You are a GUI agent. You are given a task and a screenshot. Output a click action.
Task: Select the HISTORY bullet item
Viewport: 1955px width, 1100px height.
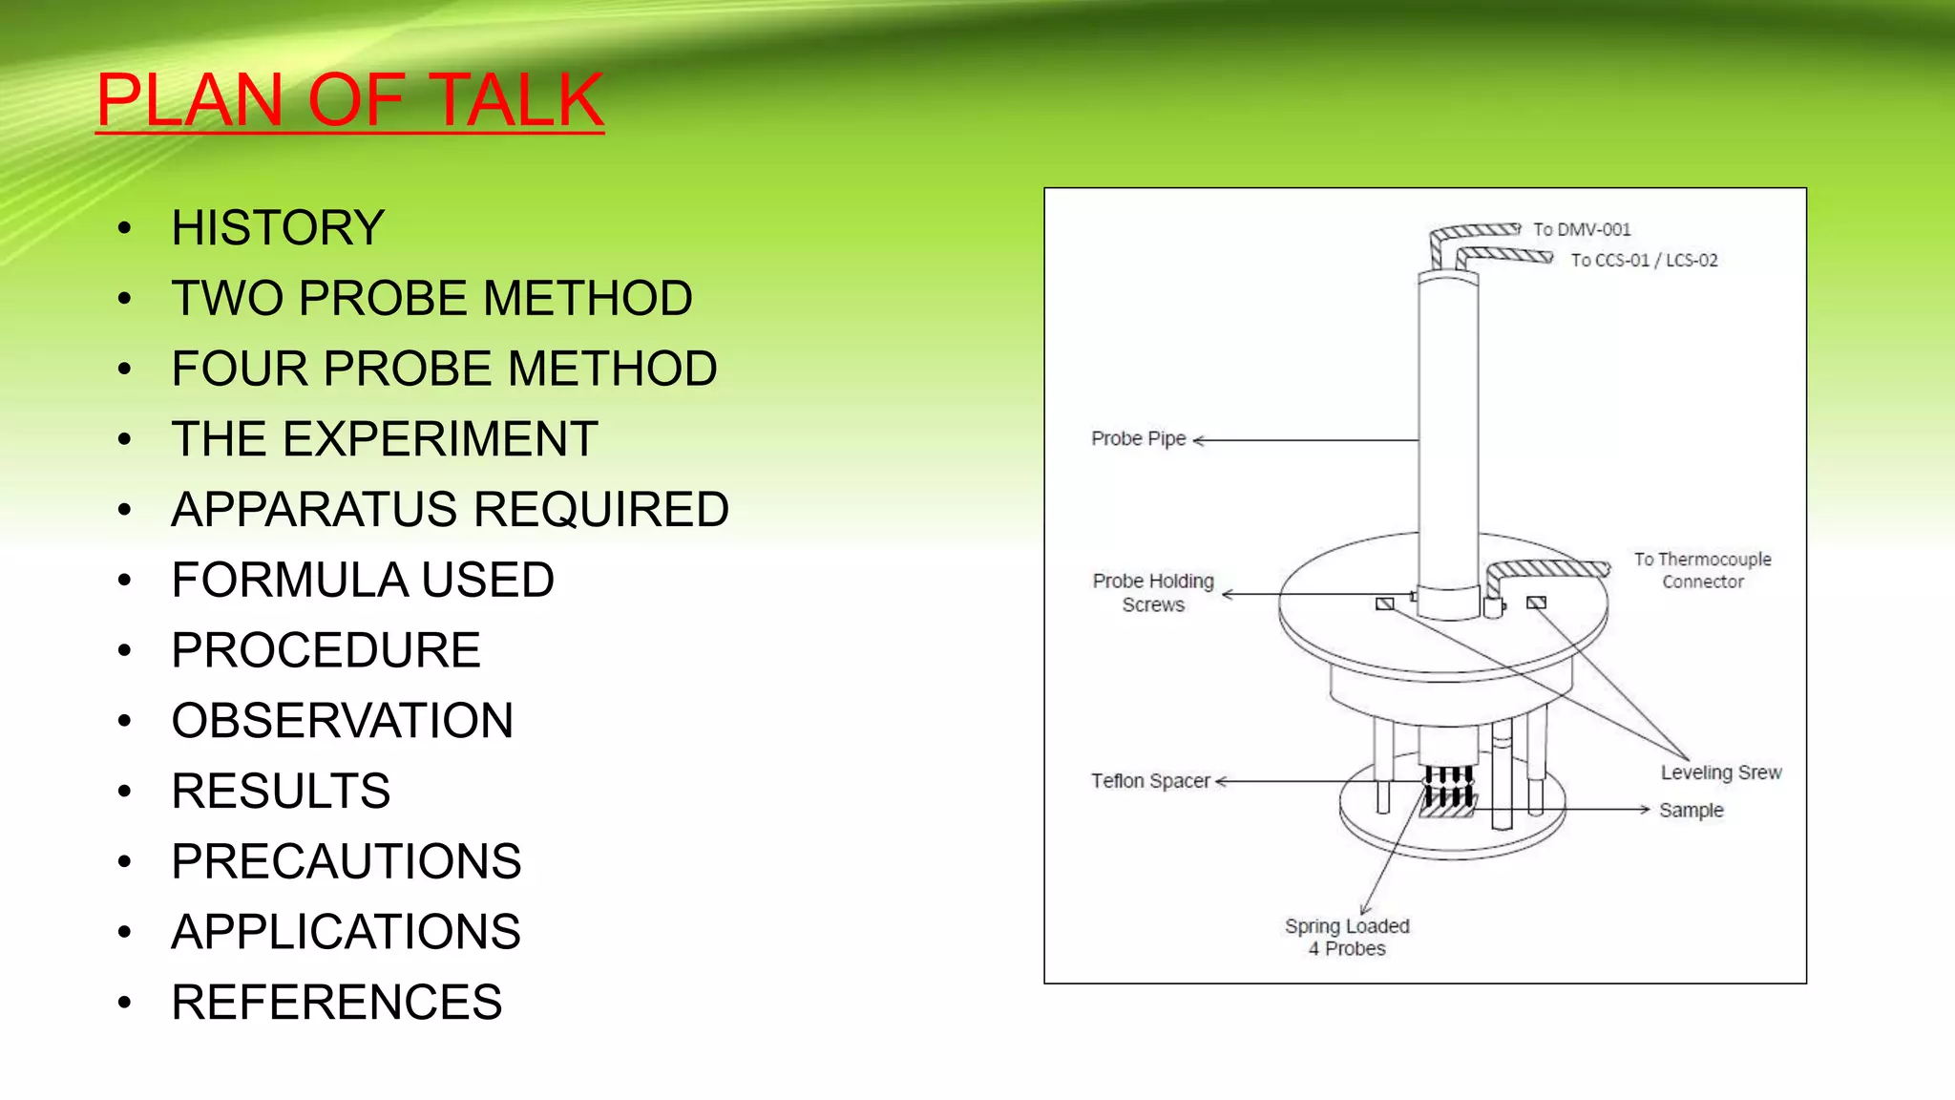click(278, 228)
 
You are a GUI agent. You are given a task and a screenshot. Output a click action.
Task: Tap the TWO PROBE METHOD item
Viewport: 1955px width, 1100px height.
click(431, 298)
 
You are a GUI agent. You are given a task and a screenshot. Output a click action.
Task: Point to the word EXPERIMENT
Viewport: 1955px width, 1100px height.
click(440, 439)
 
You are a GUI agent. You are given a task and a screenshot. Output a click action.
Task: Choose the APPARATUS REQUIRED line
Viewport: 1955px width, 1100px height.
click(450, 509)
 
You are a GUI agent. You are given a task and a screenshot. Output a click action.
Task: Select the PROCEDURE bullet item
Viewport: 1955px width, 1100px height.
click(326, 650)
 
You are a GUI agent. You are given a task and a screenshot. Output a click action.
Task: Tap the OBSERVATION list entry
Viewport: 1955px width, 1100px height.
click(342, 721)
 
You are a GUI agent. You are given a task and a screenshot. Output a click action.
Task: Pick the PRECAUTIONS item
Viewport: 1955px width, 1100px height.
click(346, 861)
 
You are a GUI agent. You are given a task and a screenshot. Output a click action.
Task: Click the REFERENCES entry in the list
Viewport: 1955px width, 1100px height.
click(336, 1003)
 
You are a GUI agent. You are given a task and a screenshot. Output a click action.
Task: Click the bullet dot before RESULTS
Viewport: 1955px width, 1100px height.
click(124, 792)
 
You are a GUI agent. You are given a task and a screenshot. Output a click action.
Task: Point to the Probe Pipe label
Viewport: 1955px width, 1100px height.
click(1138, 438)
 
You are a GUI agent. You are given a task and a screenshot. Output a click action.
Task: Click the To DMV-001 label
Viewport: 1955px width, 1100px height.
click(1582, 229)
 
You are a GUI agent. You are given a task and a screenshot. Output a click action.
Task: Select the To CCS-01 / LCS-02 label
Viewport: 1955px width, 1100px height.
click(1644, 260)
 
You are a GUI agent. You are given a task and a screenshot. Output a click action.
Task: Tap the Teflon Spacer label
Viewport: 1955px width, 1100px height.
click(1150, 781)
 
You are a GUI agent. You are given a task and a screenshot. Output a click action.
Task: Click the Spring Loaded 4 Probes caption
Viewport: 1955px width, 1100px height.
click(1347, 937)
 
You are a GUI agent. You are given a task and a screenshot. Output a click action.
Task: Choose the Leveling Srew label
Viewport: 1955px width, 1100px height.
click(1720, 772)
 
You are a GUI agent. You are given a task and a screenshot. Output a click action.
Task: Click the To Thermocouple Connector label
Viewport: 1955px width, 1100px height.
click(1702, 570)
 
